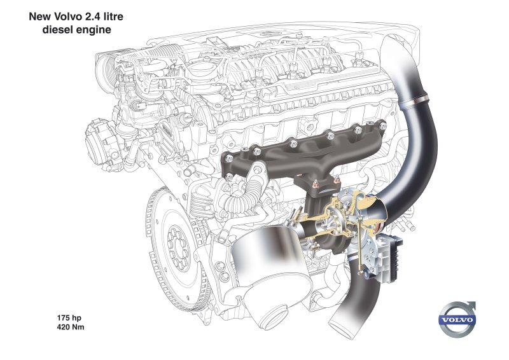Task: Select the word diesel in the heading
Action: pyautogui.click(x=59, y=29)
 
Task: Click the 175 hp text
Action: pyautogui.click(x=69, y=318)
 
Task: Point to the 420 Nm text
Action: pyautogui.click(x=71, y=327)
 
